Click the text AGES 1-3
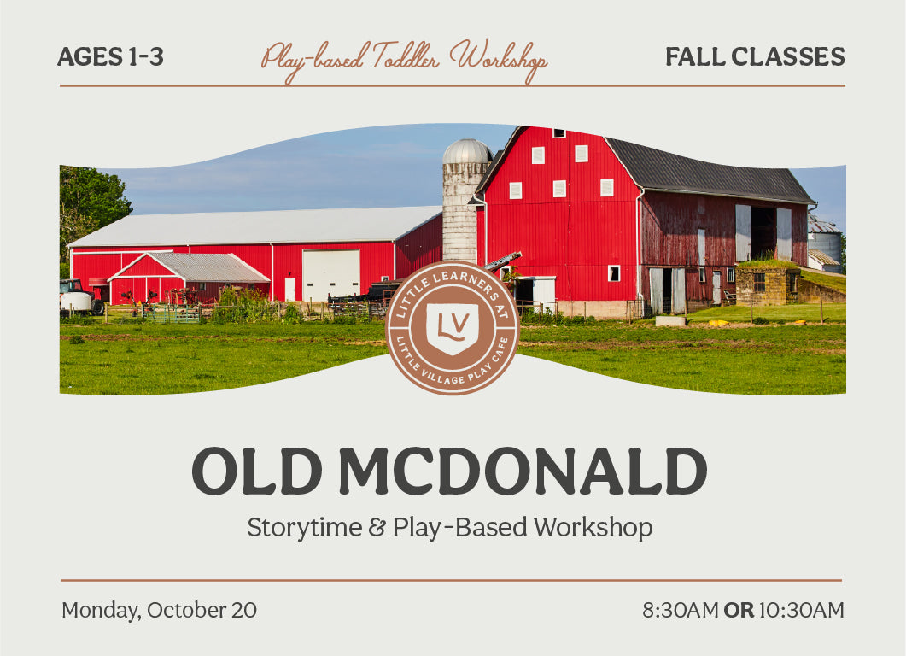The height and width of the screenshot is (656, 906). (x=110, y=56)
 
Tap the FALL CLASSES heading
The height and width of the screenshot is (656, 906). (x=755, y=56)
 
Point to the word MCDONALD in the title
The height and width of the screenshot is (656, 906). (x=523, y=471)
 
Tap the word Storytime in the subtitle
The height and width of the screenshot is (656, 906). (x=305, y=528)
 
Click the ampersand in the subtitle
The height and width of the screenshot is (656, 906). (x=377, y=527)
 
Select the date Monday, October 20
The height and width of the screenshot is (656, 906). (x=160, y=611)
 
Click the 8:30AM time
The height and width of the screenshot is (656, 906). (x=680, y=610)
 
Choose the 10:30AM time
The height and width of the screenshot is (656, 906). (x=802, y=610)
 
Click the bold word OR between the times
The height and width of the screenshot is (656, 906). (x=739, y=610)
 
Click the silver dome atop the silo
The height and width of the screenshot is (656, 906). (x=467, y=151)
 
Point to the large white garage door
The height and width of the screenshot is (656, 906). (x=331, y=275)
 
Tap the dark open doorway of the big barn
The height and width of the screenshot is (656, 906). (x=763, y=233)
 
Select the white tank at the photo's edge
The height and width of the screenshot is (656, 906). (x=76, y=302)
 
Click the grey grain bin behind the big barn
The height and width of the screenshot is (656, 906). (x=827, y=243)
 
